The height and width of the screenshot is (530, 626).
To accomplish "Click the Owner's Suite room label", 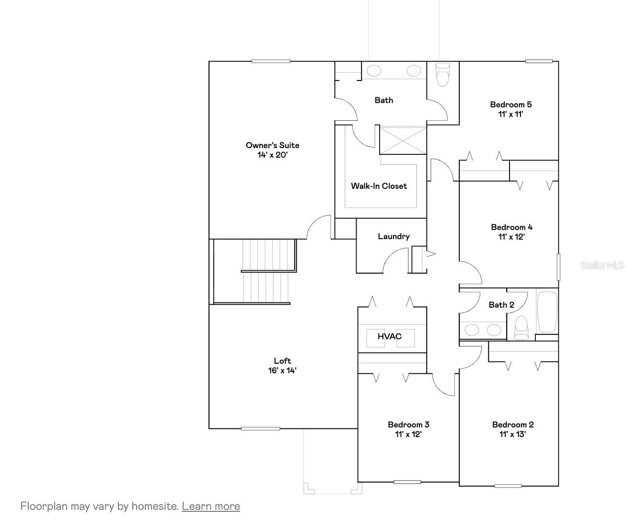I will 272,145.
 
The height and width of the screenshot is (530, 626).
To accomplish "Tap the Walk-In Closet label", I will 379,186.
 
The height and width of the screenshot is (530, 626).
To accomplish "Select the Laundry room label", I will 394,236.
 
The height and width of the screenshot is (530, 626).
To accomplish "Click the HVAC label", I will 389,336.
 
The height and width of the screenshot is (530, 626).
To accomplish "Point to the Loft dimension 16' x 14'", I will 282,370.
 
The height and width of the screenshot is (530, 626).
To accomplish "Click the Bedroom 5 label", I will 510,104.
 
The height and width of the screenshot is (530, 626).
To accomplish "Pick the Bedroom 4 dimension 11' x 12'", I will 511,237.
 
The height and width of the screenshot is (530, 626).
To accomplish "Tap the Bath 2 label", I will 501,305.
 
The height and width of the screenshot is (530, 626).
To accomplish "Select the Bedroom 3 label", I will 408,425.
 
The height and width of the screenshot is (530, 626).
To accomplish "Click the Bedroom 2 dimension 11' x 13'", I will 512,435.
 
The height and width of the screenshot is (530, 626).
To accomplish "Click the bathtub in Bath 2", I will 547,312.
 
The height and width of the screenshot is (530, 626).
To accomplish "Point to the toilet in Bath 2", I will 521,328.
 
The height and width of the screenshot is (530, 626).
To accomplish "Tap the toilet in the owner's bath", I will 442,75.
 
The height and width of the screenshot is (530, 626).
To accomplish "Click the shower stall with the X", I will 402,140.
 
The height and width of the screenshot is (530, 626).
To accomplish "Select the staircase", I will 266,271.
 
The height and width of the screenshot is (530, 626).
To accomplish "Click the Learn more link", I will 211,506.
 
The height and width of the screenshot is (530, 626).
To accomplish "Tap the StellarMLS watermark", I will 602,265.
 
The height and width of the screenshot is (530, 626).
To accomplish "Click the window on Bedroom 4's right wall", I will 558,267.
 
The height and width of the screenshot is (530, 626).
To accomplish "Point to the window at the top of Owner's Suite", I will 271,61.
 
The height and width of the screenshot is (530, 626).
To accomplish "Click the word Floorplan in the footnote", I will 44,506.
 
